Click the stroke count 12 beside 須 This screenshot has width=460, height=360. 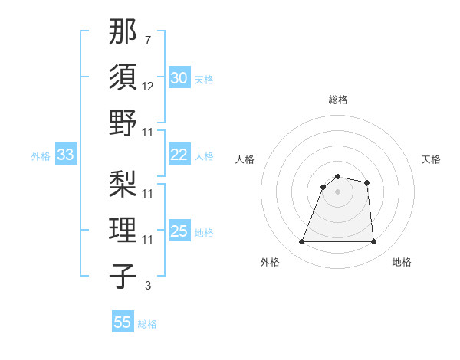click(x=148, y=87)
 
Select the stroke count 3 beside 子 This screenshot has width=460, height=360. click(x=147, y=286)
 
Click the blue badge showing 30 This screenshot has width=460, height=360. click(x=179, y=78)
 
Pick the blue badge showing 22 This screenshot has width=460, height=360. click(x=179, y=155)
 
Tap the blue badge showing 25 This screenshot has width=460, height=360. click(x=179, y=231)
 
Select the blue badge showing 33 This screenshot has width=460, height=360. click(x=66, y=155)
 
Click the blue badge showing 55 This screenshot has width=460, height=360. click(x=123, y=322)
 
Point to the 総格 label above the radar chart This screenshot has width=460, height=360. click(x=338, y=100)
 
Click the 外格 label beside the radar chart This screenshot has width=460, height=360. click(x=270, y=262)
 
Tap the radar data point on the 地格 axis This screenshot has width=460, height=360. click(x=374, y=242)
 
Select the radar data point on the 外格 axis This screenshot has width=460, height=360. click(x=301, y=242)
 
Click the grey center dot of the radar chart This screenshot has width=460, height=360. click(x=337, y=191)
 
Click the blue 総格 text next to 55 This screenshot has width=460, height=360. click(x=147, y=324)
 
